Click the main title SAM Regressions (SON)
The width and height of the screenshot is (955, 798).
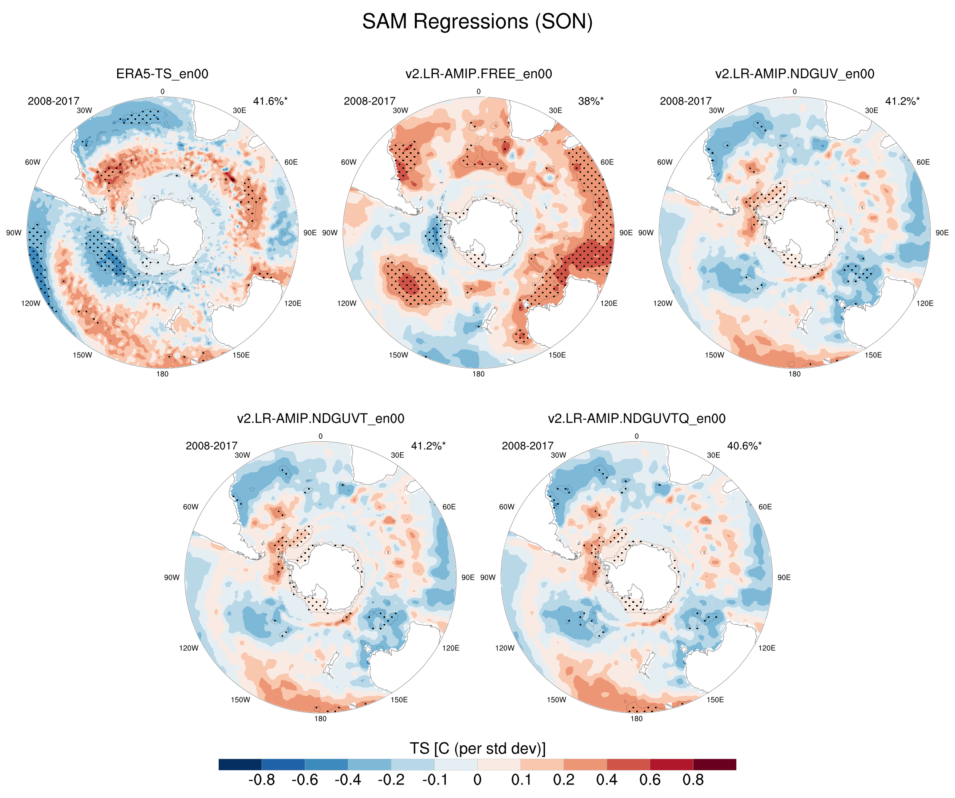477,22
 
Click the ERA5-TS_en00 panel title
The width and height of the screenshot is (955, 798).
162,74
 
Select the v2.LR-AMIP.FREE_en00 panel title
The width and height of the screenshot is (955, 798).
478,74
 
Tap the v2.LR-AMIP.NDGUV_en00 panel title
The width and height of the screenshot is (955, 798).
794,74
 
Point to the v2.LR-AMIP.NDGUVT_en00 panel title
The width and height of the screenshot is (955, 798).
320,419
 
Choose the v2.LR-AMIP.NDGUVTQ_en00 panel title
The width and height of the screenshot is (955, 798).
636,419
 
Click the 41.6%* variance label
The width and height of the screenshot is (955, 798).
270,101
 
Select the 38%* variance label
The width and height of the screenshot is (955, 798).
590,101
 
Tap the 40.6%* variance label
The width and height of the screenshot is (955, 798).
744,446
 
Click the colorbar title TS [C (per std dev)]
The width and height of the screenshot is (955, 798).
477,748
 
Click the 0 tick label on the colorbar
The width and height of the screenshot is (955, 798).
477,780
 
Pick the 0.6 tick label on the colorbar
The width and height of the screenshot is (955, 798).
650,780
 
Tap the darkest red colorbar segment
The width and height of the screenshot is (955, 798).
714,764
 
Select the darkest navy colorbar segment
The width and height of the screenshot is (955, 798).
240,764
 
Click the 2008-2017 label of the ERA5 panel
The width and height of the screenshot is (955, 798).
53,101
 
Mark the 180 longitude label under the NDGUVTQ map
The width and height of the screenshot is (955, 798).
636,719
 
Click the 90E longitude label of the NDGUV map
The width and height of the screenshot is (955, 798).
942,233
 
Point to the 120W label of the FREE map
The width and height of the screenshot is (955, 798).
346,304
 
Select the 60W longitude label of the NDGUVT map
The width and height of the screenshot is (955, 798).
190,507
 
